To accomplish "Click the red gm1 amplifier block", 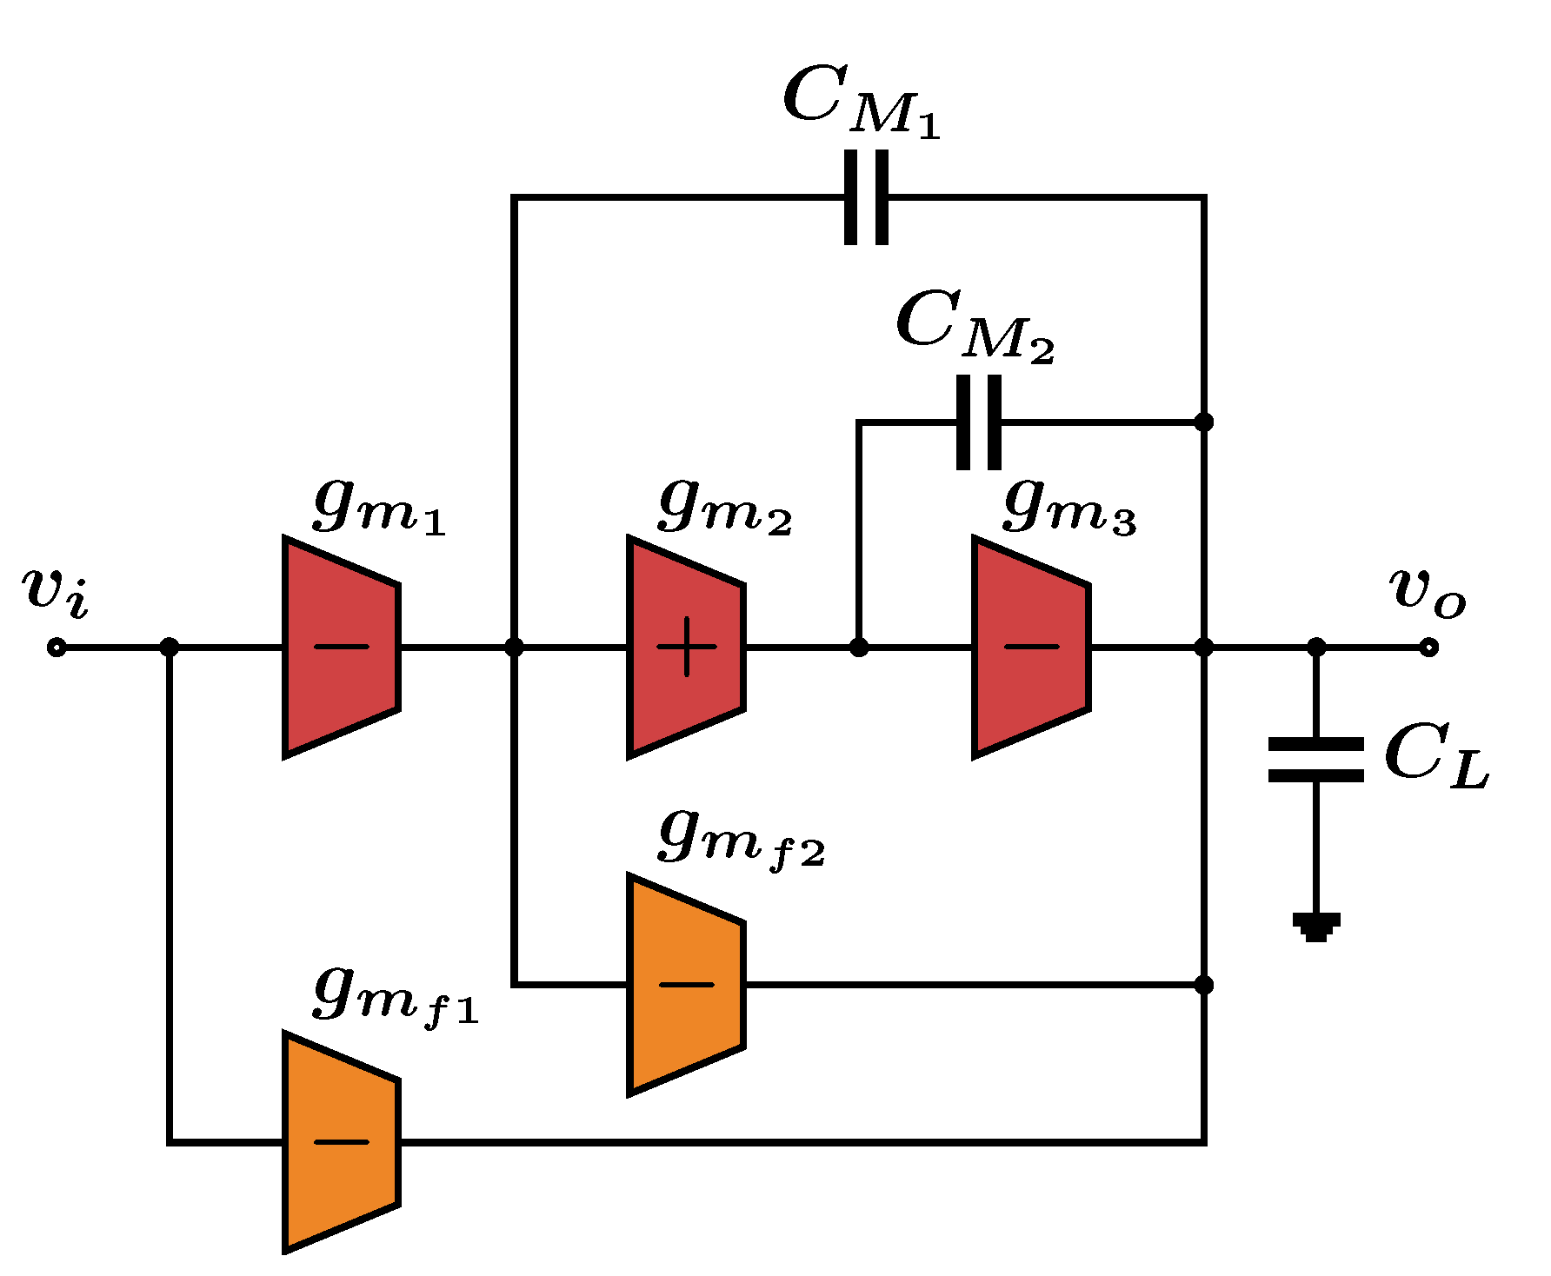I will (x=341, y=648).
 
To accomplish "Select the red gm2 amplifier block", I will (x=686, y=648).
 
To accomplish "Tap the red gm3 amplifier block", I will (x=1031, y=648).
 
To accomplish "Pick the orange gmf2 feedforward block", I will (x=686, y=985).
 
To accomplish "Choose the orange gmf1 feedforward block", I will (x=341, y=1142).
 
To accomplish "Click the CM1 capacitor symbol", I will (x=867, y=197).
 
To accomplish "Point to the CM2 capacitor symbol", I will (x=979, y=422).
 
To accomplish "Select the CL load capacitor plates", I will (x=1316, y=760).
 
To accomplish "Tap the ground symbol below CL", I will (x=1316, y=927).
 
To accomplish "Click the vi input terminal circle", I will (x=57, y=648).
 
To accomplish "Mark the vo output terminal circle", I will (x=1428, y=648).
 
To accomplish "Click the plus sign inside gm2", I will (x=687, y=647).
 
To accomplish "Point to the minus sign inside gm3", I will (x=1032, y=647).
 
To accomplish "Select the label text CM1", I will (x=861, y=103).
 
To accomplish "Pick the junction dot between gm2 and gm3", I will (x=859, y=648).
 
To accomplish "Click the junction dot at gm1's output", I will (x=514, y=648).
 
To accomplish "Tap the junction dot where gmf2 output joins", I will (x=1204, y=985).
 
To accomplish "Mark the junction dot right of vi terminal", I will (x=170, y=648).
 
